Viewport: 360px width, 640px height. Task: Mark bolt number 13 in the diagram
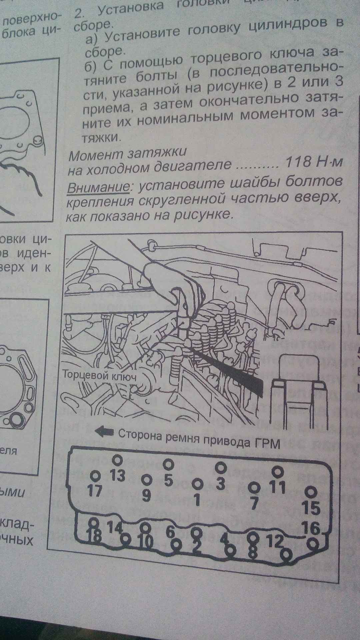pos(117,475)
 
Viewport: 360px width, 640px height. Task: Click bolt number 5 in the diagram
pos(168,479)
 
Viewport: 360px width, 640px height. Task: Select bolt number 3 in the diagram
pos(220,483)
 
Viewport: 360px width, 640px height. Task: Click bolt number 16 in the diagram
pos(311,528)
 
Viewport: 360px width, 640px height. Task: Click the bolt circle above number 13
pos(117,460)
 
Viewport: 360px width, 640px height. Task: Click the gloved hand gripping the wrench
pos(167,280)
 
